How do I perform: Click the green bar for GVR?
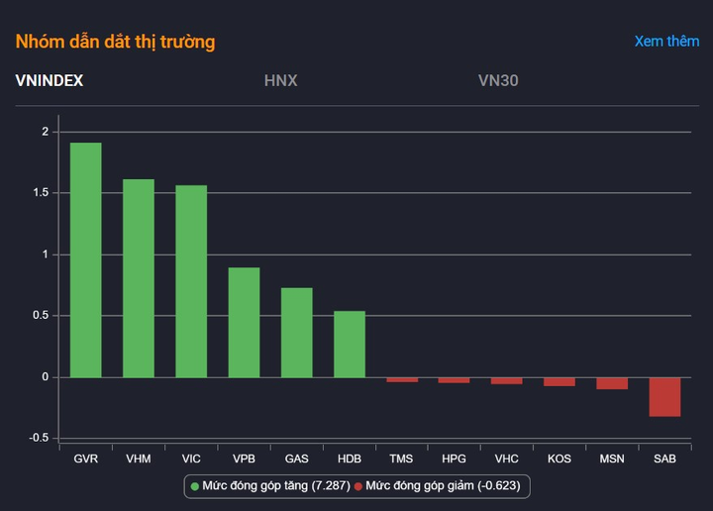pos(85,259)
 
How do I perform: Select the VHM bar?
pos(138,277)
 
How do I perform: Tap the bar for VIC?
pos(191,281)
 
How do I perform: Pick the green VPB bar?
pos(244,322)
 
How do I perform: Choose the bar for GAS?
pos(296,333)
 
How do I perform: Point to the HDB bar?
pos(349,345)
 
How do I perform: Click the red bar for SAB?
pos(664,396)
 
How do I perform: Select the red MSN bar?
pos(612,383)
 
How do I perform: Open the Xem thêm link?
pos(666,42)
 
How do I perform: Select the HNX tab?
pos(280,80)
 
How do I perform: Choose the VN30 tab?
pos(497,80)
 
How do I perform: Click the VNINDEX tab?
pos(50,80)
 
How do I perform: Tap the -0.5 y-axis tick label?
pos(38,439)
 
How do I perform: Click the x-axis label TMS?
pos(401,460)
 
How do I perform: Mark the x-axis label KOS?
pos(560,460)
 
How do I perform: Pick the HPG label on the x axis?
pos(454,460)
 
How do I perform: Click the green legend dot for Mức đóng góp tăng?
pos(195,486)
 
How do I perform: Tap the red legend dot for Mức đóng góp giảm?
pos(358,486)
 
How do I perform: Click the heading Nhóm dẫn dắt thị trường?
pos(115,42)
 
